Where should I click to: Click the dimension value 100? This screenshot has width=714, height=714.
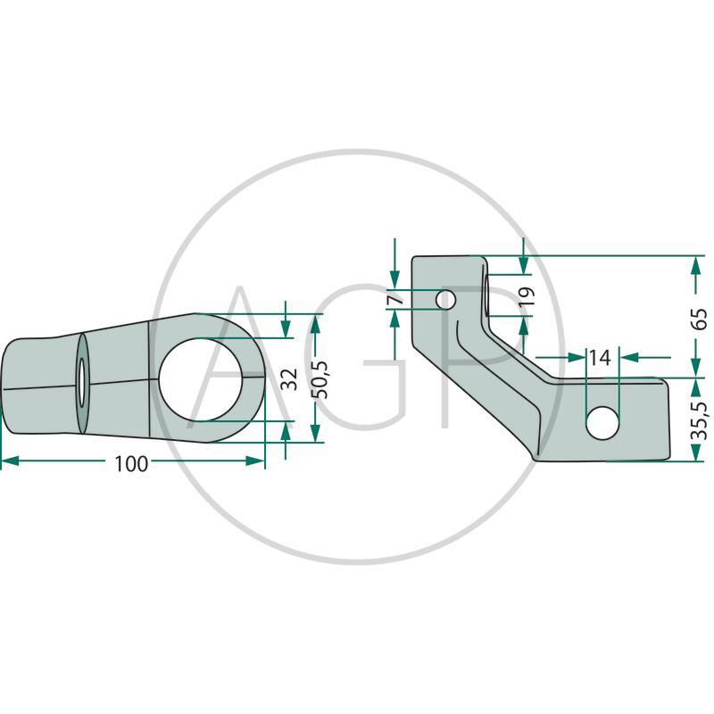tap(131, 464)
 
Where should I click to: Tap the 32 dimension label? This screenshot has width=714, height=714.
tap(288, 379)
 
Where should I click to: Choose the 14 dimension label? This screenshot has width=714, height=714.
tap(600, 358)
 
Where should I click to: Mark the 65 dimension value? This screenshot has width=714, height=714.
tap(699, 319)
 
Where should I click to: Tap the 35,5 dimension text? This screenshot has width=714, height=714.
tap(699, 420)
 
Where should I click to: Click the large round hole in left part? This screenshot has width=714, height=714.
tap(201, 379)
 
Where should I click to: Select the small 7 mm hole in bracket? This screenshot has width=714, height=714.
tap(445, 300)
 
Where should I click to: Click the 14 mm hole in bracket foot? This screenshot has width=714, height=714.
tap(602, 423)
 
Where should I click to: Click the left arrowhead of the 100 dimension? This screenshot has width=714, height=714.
tap(10, 461)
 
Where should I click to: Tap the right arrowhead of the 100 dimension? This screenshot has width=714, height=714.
tap(255, 461)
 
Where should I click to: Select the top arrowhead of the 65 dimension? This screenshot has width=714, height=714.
tap(695, 265)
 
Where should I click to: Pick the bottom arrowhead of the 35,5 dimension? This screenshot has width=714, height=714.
tap(696, 452)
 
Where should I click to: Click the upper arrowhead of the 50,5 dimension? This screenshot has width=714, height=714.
tap(316, 323)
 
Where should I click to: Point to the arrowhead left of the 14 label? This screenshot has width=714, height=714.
tap(576, 358)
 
